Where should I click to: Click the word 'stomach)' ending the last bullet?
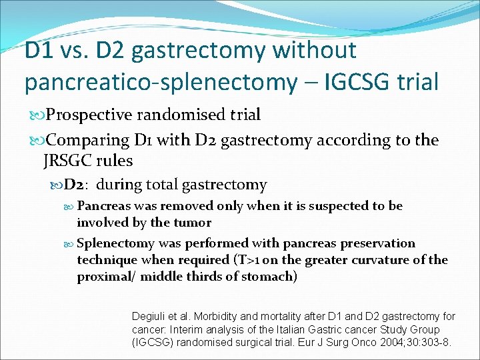click(269, 277)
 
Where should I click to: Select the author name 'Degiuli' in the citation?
click(151, 317)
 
